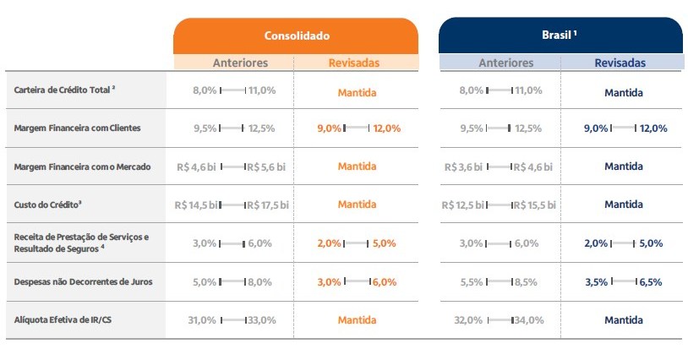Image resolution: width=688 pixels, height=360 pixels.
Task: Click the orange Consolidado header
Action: coord(296,36)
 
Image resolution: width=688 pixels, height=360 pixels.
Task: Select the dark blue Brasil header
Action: coord(559,35)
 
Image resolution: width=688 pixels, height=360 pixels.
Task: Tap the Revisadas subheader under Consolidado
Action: coord(355,63)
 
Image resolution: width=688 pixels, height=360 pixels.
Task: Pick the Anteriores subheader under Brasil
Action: coord(506,63)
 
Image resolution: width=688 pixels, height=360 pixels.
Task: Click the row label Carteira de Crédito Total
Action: coord(65,90)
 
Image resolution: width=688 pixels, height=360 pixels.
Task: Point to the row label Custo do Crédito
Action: coord(48,205)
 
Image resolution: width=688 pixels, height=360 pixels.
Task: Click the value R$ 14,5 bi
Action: coord(196,205)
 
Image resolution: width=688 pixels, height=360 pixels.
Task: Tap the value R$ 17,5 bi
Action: coord(268,205)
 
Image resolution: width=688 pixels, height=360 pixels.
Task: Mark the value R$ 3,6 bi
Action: coord(466,167)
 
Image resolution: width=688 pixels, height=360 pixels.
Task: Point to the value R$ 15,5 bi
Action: coord(534,205)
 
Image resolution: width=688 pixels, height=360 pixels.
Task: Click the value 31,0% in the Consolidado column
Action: coord(203,320)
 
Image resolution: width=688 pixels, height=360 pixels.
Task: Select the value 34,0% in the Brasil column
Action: coord(528,320)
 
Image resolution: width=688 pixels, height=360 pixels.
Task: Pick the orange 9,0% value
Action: coord(330,128)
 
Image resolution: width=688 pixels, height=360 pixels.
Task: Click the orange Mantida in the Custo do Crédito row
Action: coord(357,205)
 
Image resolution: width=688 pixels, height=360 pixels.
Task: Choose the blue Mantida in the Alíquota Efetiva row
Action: coord(624,320)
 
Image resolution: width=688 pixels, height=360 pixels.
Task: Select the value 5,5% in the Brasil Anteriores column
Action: coord(472,282)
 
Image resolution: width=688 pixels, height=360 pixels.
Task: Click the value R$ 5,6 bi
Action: coord(268,167)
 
